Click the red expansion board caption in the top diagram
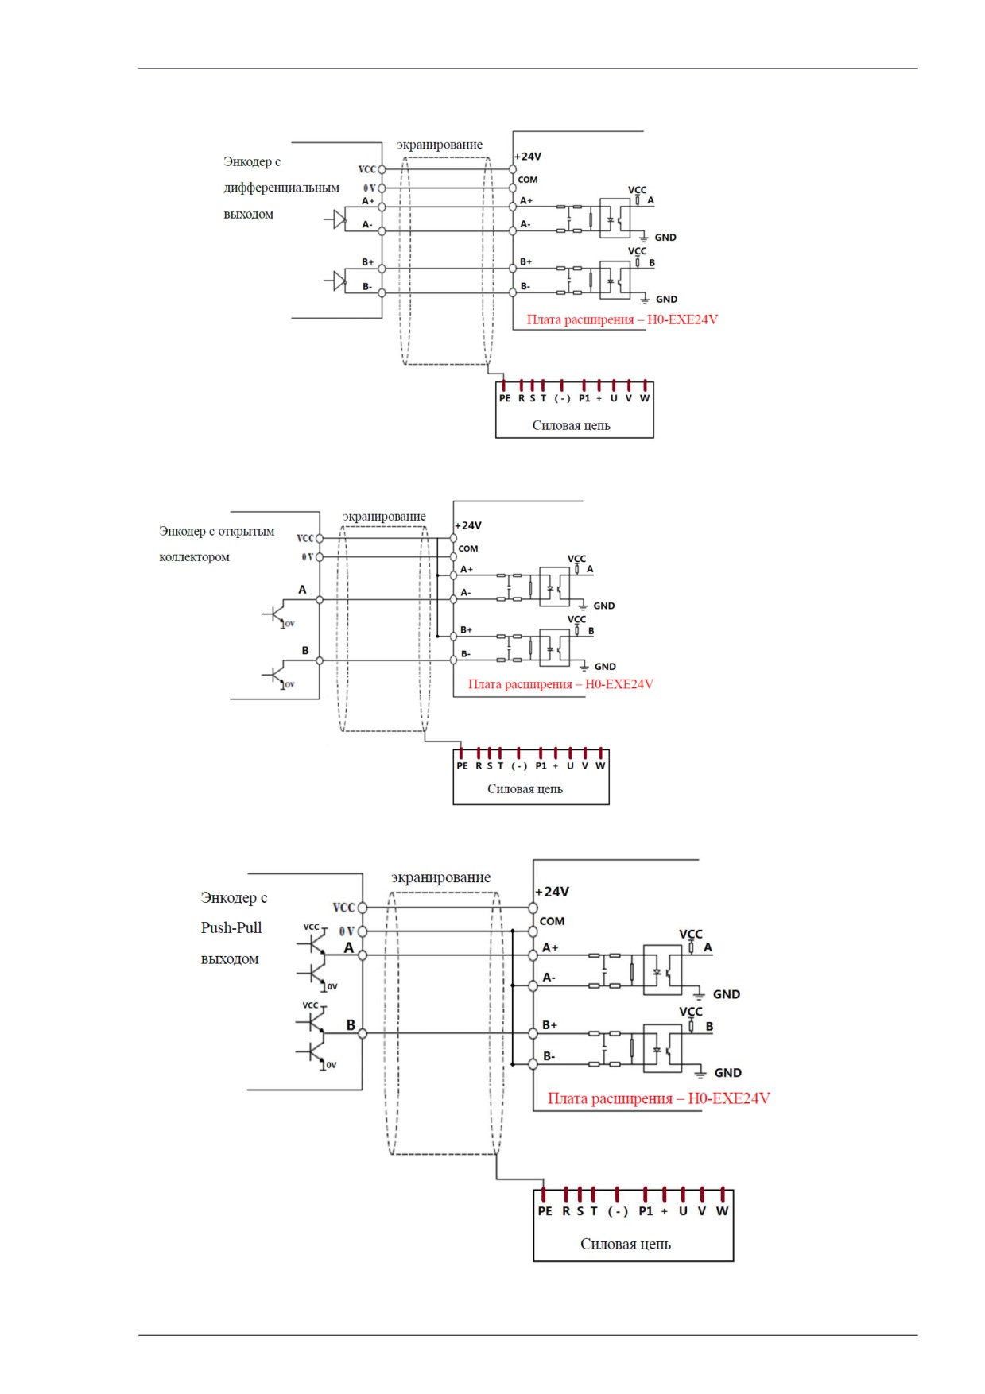[622, 319]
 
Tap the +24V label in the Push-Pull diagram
[553, 892]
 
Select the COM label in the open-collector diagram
[468, 548]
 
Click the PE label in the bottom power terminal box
[545, 1211]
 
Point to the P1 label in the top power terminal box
[584, 398]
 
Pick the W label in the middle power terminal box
[600, 766]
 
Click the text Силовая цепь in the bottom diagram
[626, 1244]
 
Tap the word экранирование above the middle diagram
[384, 517]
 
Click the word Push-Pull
[231, 927]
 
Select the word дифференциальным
[281, 188]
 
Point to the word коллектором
[194, 557]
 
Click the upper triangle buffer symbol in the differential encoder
[339, 219]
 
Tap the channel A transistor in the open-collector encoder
[275, 615]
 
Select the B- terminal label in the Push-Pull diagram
[549, 1056]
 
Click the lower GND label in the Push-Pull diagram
[727, 1073]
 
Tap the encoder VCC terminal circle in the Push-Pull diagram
[363, 908]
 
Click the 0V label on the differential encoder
[370, 188]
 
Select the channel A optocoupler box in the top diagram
[615, 217]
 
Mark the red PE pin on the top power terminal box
[504, 386]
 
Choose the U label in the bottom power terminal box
[683, 1211]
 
